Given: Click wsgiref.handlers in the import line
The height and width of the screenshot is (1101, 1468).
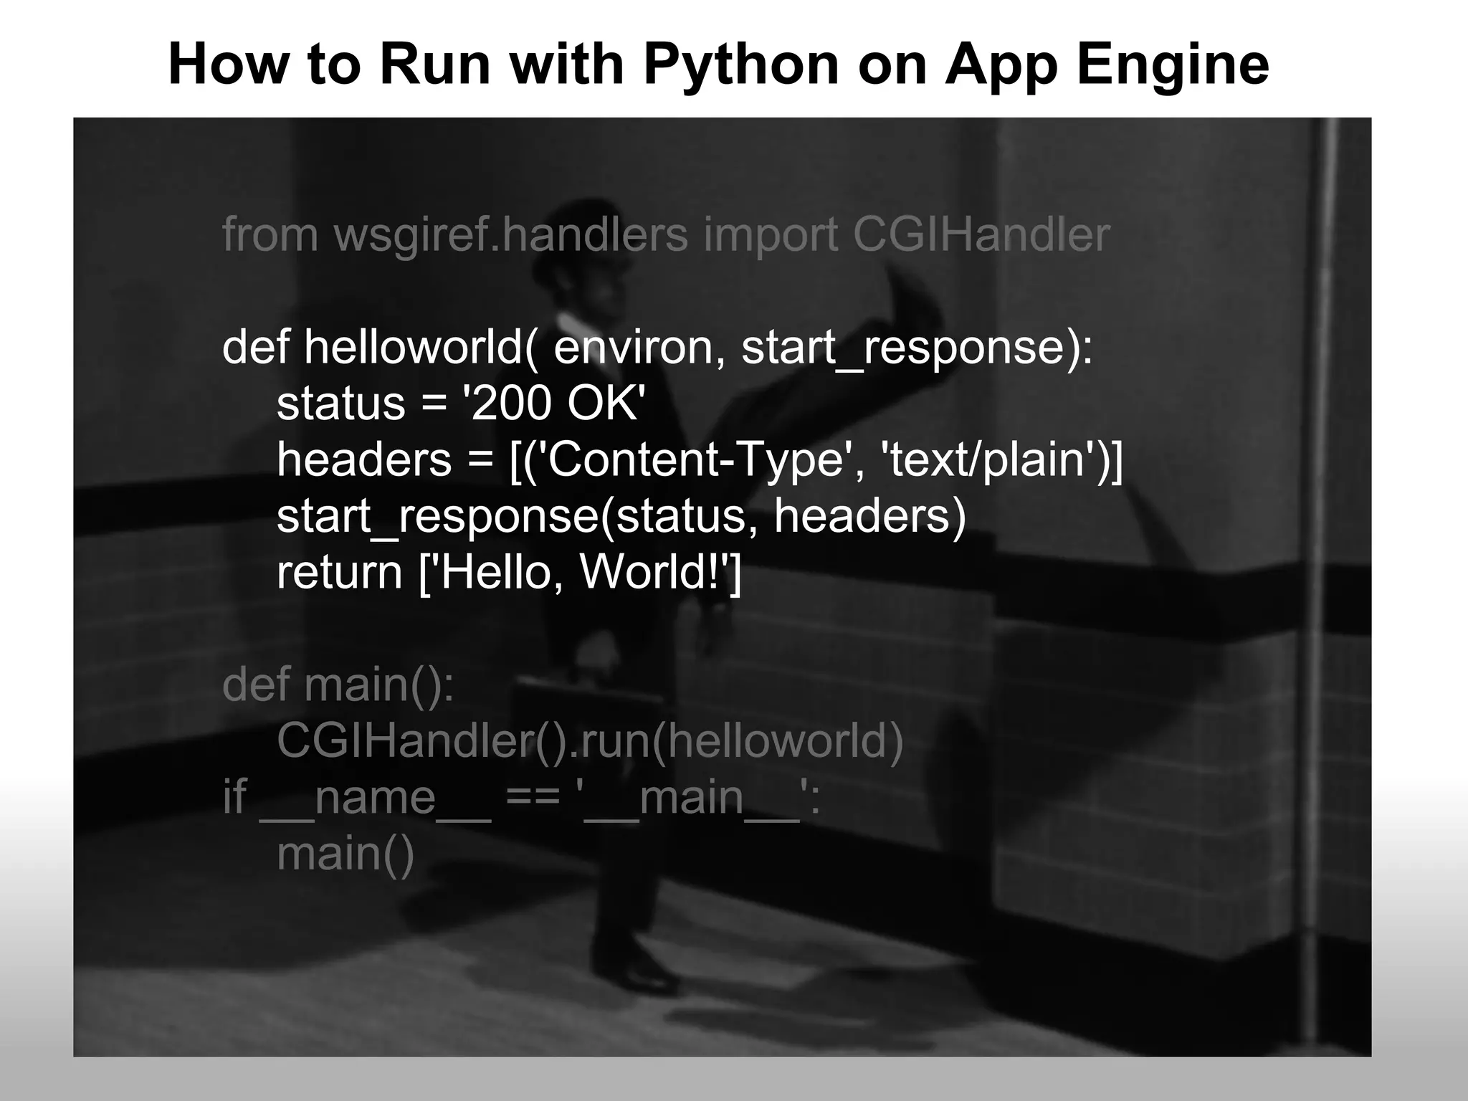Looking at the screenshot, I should (x=510, y=234).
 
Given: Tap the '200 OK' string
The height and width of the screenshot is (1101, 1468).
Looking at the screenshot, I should (x=551, y=404).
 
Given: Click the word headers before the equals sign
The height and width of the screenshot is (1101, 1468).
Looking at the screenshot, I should (x=364, y=459).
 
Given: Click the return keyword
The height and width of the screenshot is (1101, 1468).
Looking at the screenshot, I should (x=339, y=572).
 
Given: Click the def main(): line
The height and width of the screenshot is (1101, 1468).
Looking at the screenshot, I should (x=338, y=685).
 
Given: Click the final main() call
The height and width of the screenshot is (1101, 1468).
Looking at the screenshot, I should (x=345, y=853).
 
